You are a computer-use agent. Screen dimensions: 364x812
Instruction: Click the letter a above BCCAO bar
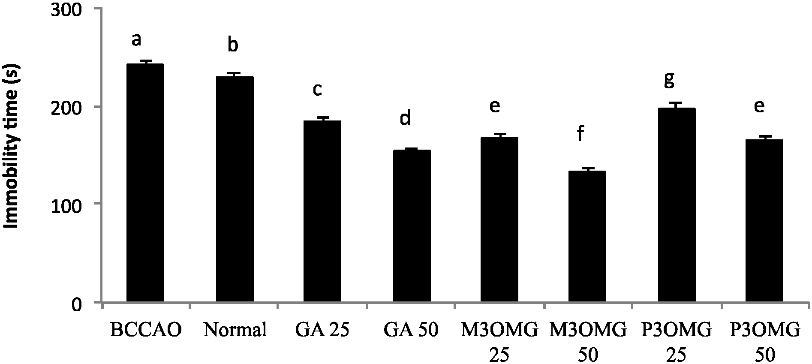pyautogui.click(x=136, y=39)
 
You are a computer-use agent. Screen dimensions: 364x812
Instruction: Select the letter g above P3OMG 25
pyautogui.click(x=669, y=79)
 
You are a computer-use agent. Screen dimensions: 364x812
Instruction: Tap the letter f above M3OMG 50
pyautogui.click(x=580, y=134)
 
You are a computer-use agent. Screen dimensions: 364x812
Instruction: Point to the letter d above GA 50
pyautogui.click(x=405, y=117)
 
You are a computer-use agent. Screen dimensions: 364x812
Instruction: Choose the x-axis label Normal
pyautogui.click(x=235, y=330)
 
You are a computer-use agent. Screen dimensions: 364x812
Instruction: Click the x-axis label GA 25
pyautogui.click(x=322, y=330)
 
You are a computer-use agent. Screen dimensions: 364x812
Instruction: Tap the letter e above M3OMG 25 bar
pyautogui.click(x=494, y=106)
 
